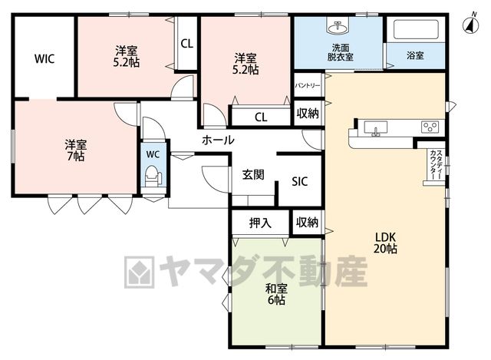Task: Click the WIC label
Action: pyautogui.click(x=44, y=58)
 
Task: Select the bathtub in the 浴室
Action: pyautogui.click(x=416, y=29)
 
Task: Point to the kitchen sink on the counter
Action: pyautogui.click(x=375, y=128)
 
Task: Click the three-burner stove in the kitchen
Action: pyautogui.click(x=430, y=127)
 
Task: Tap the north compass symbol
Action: pyautogui.click(x=470, y=24)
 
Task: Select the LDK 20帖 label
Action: pyautogui.click(x=385, y=243)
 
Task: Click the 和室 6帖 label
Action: pyautogui.click(x=276, y=294)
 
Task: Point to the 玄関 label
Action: pyautogui.click(x=253, y=174)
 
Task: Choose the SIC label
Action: pyautogui.click(x=300, y=181)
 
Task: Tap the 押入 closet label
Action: pyautogui.click(x=260, y=223)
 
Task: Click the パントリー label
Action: pyautogui.click(x=308, y=85)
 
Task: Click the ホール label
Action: pyautogui.click(x=218, y=140)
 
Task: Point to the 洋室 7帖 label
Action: pyautogui.click(x=75, y=150)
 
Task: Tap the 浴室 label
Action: pyautogui.click(x=415, y=55)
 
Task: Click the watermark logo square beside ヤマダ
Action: pyautogui.click(x=140, y=272)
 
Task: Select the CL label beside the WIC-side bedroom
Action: pyautogui.click(x=187, y=44)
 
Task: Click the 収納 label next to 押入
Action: pyautogui.click(x=307, y=223)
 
